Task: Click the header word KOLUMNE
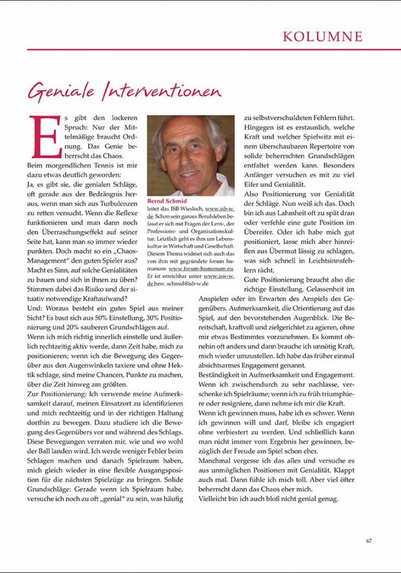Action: click(x=323, y=37)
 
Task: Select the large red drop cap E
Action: click(x=45, y=136)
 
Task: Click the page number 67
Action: click(x=369, y=539)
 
